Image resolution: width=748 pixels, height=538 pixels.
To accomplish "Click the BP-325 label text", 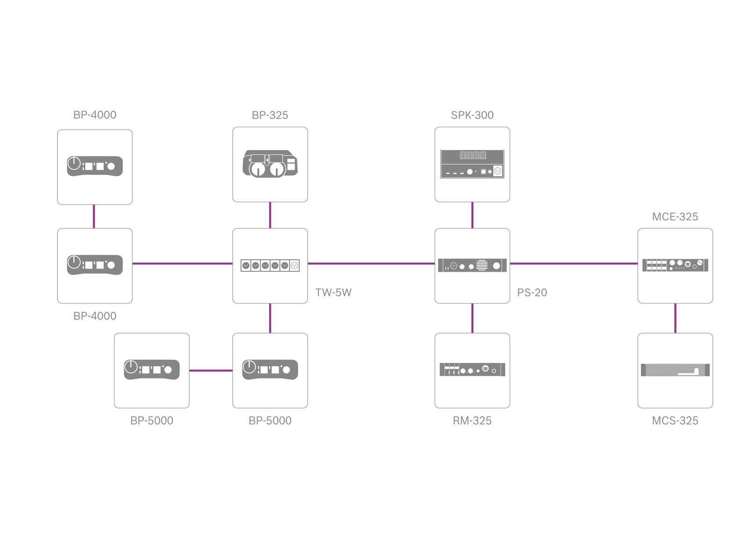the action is click(270, 115).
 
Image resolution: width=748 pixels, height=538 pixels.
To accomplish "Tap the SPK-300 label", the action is click(472, 115).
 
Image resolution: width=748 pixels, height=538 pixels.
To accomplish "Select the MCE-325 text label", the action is click(675, 217).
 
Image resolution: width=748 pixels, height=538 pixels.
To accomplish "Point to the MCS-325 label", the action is click(675, 421).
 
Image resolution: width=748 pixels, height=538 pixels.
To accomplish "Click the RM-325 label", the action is click(472, 421).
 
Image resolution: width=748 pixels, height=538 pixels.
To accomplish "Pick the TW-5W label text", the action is click(334, 293).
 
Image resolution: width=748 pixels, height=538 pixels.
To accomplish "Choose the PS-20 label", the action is click(532, 293).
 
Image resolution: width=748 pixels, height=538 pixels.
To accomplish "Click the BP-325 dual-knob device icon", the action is click(270, 164).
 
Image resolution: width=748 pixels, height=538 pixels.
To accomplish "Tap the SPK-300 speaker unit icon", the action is click(472, 164).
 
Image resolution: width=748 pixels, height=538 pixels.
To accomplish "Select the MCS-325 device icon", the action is click(675, 370).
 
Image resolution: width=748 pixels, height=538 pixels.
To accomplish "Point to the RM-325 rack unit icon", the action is click(472, 370).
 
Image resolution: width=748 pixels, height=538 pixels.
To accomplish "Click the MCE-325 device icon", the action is click(675, 265).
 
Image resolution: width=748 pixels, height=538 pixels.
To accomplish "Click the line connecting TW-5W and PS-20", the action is click(371, 264).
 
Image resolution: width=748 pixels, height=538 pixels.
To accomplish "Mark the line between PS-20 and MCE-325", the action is click(574, 264).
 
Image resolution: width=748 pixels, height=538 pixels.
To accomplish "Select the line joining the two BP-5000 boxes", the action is click(211, 371).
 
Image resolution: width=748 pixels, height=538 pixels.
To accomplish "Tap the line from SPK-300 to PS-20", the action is click(472, 215).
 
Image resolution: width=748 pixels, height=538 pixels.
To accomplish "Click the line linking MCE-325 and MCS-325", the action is click(675, 318).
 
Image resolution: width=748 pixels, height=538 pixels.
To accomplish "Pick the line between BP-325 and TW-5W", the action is click(270, 215).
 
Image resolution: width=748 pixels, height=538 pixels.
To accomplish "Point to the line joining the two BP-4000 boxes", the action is click(94, 217).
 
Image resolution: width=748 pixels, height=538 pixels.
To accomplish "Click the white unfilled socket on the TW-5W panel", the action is click(294, 266).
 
